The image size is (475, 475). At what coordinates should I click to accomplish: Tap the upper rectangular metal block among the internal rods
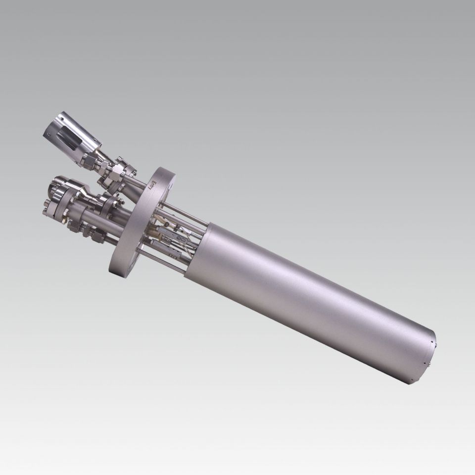click(x=176, y=228)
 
